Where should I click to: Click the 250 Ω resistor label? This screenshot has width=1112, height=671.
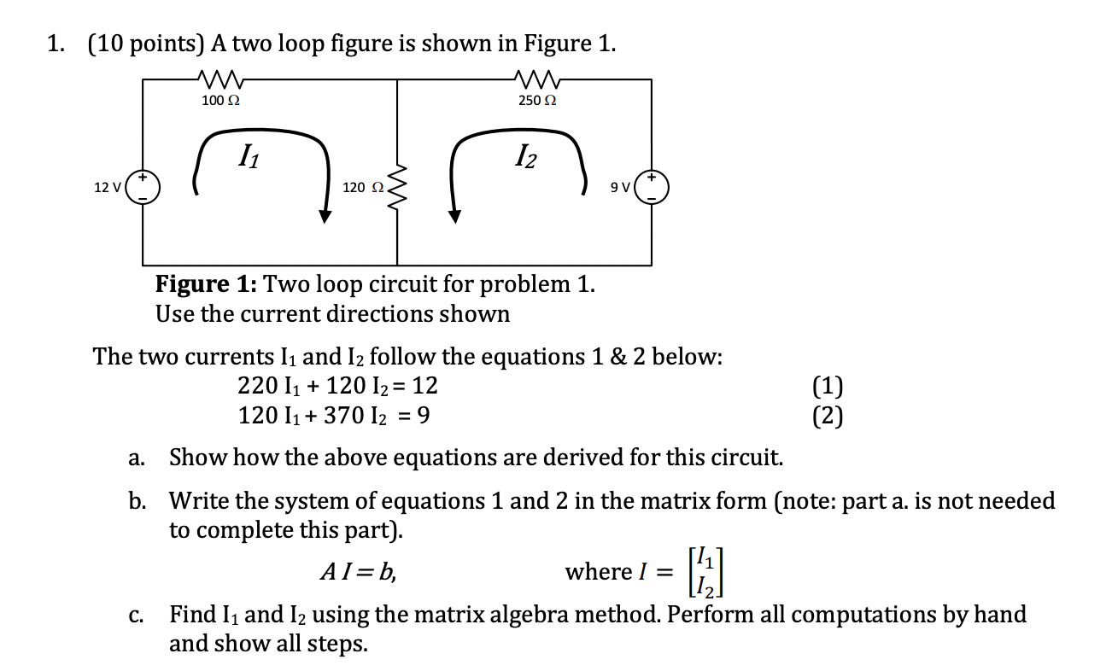[538, 101]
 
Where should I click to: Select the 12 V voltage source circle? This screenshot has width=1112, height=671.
[142, 187]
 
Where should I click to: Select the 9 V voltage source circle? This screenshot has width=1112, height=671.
[652, 187]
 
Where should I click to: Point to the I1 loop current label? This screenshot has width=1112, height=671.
[247, 156]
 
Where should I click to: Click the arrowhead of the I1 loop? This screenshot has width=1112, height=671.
[325, 215]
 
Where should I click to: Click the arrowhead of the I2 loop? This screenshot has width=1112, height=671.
[454, 215]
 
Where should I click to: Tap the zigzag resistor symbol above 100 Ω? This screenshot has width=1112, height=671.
[220, 81]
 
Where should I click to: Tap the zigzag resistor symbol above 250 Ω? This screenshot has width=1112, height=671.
[538, 81]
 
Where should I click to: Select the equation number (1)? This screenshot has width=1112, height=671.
[828, 387]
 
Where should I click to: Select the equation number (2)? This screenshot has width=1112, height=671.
[828, 416]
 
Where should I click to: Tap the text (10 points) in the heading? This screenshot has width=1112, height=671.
[142, 44]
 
